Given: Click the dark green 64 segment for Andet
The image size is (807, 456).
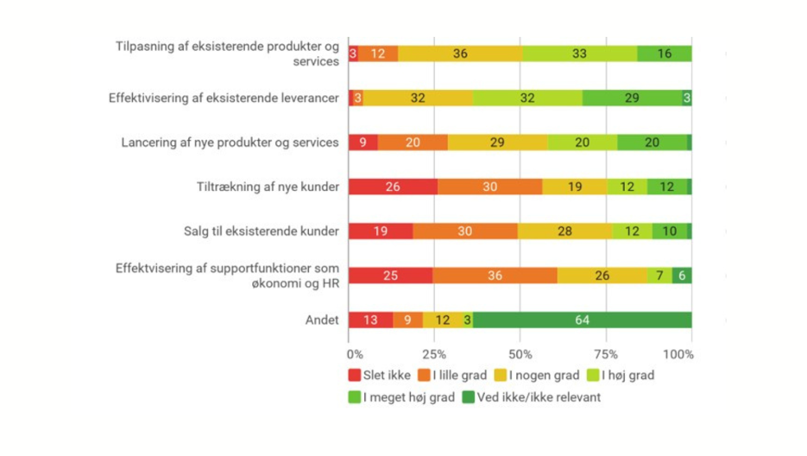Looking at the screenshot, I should tap(582, 320).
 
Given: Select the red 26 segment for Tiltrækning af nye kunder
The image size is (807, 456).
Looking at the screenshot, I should tap(393, 187).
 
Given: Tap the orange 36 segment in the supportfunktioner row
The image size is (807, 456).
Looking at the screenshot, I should tap(495, 275).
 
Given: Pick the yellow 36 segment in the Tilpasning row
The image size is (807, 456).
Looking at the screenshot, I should tap(460, 54).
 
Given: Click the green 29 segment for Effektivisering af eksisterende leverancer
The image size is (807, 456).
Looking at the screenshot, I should tap(632, 98).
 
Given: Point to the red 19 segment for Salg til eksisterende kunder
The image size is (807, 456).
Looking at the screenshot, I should tap(381, 231).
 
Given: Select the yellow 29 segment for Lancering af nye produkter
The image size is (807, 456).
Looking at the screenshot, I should tap(497, 142).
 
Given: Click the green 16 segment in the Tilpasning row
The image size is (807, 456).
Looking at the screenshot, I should tap(665, 54).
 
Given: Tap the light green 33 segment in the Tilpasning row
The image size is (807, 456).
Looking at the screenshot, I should tap(579, 54).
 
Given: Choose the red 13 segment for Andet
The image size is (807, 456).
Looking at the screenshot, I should tap(370, 320).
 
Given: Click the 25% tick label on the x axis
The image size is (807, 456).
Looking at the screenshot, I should tap(434, 354).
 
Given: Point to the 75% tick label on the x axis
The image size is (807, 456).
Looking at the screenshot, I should tap(606, 354).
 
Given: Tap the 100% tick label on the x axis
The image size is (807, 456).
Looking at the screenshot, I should tap(678, 354).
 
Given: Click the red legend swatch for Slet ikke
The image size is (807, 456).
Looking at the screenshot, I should tap(354, 376).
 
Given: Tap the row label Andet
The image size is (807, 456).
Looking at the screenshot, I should tap(322, 320).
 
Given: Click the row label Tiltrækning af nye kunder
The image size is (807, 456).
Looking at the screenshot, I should tap(268, 187).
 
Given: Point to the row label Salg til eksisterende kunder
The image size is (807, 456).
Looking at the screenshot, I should tap(261, 231).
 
